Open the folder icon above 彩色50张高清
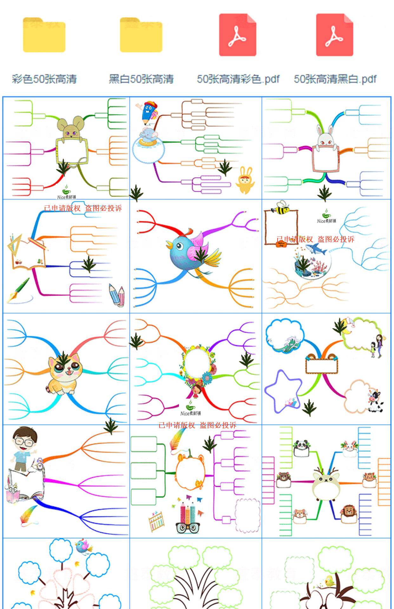click(x=44, y=35)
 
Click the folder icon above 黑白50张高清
click(x=141, y=35)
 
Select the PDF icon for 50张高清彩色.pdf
click(x=238, y=35)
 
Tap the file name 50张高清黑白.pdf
click(x=335, y=79)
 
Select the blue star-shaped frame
click(x=282, y=391)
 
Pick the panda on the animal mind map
click(x=301, y=446)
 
